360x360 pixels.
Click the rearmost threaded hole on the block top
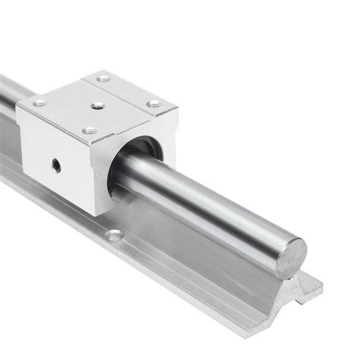click(104, 78)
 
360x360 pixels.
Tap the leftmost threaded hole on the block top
click(39, 103)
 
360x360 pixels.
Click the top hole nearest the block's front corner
click(89, 131)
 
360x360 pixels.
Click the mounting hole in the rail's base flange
click(114, 235)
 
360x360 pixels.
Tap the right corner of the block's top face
click(176, 108)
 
